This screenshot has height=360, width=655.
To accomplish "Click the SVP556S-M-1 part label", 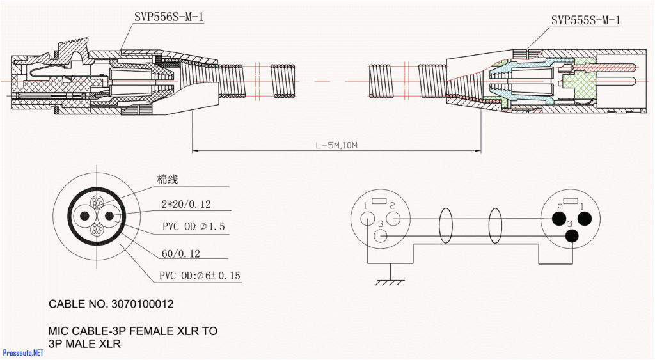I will pos(168,17).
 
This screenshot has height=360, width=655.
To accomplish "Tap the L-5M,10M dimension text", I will pos(336,146).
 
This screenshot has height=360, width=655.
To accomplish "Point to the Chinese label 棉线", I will pos(168,180).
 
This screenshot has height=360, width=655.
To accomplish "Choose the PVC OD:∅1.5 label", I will pos(193,227).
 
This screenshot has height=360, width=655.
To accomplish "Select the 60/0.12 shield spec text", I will pos(181,254).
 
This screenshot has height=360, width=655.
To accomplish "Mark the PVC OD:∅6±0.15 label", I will pos(200,276).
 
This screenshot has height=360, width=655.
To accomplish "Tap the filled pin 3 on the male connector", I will pos(571,236).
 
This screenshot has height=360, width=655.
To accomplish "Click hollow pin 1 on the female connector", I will pos(367,218).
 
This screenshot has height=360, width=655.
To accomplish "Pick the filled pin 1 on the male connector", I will pos(583,219).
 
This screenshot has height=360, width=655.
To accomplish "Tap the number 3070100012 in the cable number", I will pos(142,304).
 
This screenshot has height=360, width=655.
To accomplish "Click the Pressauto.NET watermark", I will pos(23,352).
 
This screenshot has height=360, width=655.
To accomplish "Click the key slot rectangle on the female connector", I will pos(380,201).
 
